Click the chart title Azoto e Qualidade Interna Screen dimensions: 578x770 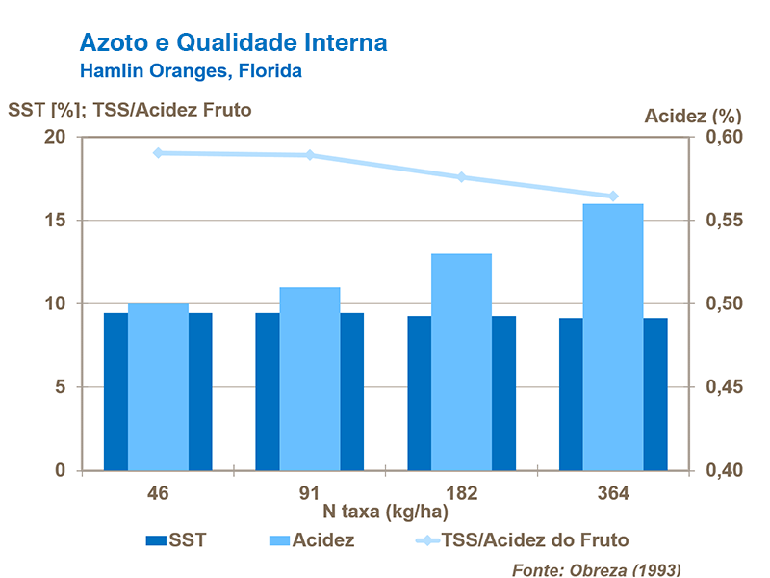[234, 42]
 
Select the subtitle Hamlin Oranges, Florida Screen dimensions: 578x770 [191, 70]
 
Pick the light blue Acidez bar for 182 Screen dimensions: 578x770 [461, 361]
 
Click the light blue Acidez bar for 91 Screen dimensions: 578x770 [310, 379]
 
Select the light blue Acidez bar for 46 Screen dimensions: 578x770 [158, 386]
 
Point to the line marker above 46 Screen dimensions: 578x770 [158, 152]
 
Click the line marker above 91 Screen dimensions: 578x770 [310, 155]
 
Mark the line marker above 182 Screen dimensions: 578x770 [461, 177]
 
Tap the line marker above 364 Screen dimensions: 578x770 [613, 197]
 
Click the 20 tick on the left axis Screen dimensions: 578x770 [54, 137]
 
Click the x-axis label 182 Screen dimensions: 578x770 [461, 494]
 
